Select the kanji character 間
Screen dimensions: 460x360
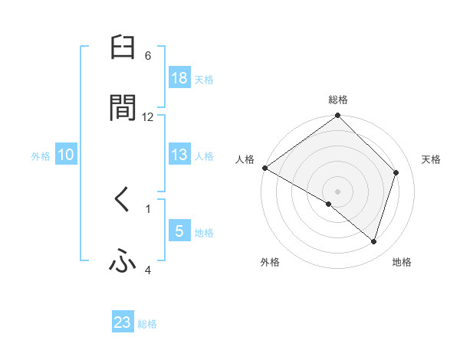point(123,108)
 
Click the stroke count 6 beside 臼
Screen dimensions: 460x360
point(148,56)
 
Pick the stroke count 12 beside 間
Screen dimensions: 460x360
point(148,116)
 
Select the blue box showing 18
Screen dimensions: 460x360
point(179,78)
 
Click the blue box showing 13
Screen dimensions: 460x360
point(179,155)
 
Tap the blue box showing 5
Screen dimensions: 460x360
point(179,231)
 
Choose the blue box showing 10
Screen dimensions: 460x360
point(66,155)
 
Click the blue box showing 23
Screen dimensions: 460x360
point(123,322)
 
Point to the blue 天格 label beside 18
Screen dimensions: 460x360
point(204,79)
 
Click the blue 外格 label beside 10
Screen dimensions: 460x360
point(41,155)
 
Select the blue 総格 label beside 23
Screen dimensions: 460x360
point(147,323)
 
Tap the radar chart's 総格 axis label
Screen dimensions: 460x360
point(338,100)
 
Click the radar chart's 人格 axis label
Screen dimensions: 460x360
point(245,159)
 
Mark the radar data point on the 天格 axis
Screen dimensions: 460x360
point(396,172)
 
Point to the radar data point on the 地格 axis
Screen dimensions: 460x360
point(374,242)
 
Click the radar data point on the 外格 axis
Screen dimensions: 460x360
point(329,205)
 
